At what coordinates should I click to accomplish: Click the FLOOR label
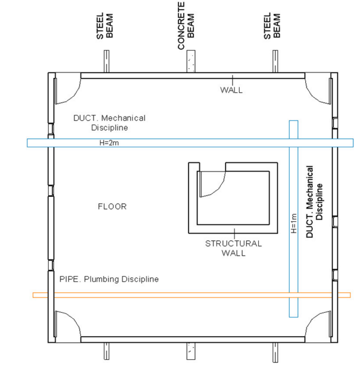click(x=112, y=206)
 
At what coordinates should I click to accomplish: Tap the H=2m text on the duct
click(x=109, y=143)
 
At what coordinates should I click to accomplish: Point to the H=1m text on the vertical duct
click(x=293, y=223)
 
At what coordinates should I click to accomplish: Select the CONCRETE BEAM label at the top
click(x=186, y=26)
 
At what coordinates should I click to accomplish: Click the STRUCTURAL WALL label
click(x=234, y=248)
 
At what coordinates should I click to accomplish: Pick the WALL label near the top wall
click(x=231, y=90)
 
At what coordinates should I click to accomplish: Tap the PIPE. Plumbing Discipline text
click(x=109, y=279)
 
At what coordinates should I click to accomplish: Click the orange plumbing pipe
click(x=192, y=295)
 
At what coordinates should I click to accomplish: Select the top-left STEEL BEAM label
click(x=105, y=26)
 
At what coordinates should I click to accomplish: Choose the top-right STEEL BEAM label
click(x=272, y=26)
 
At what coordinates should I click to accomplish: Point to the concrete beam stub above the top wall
click(x=191, y=61)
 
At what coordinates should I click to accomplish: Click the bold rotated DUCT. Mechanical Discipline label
click(x=314, y=202)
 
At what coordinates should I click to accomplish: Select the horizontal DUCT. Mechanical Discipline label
click(x=109, y=123)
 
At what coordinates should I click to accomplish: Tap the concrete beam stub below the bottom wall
click(x=191, y=351)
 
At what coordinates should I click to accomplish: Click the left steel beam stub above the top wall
click(x=107, y=61)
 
